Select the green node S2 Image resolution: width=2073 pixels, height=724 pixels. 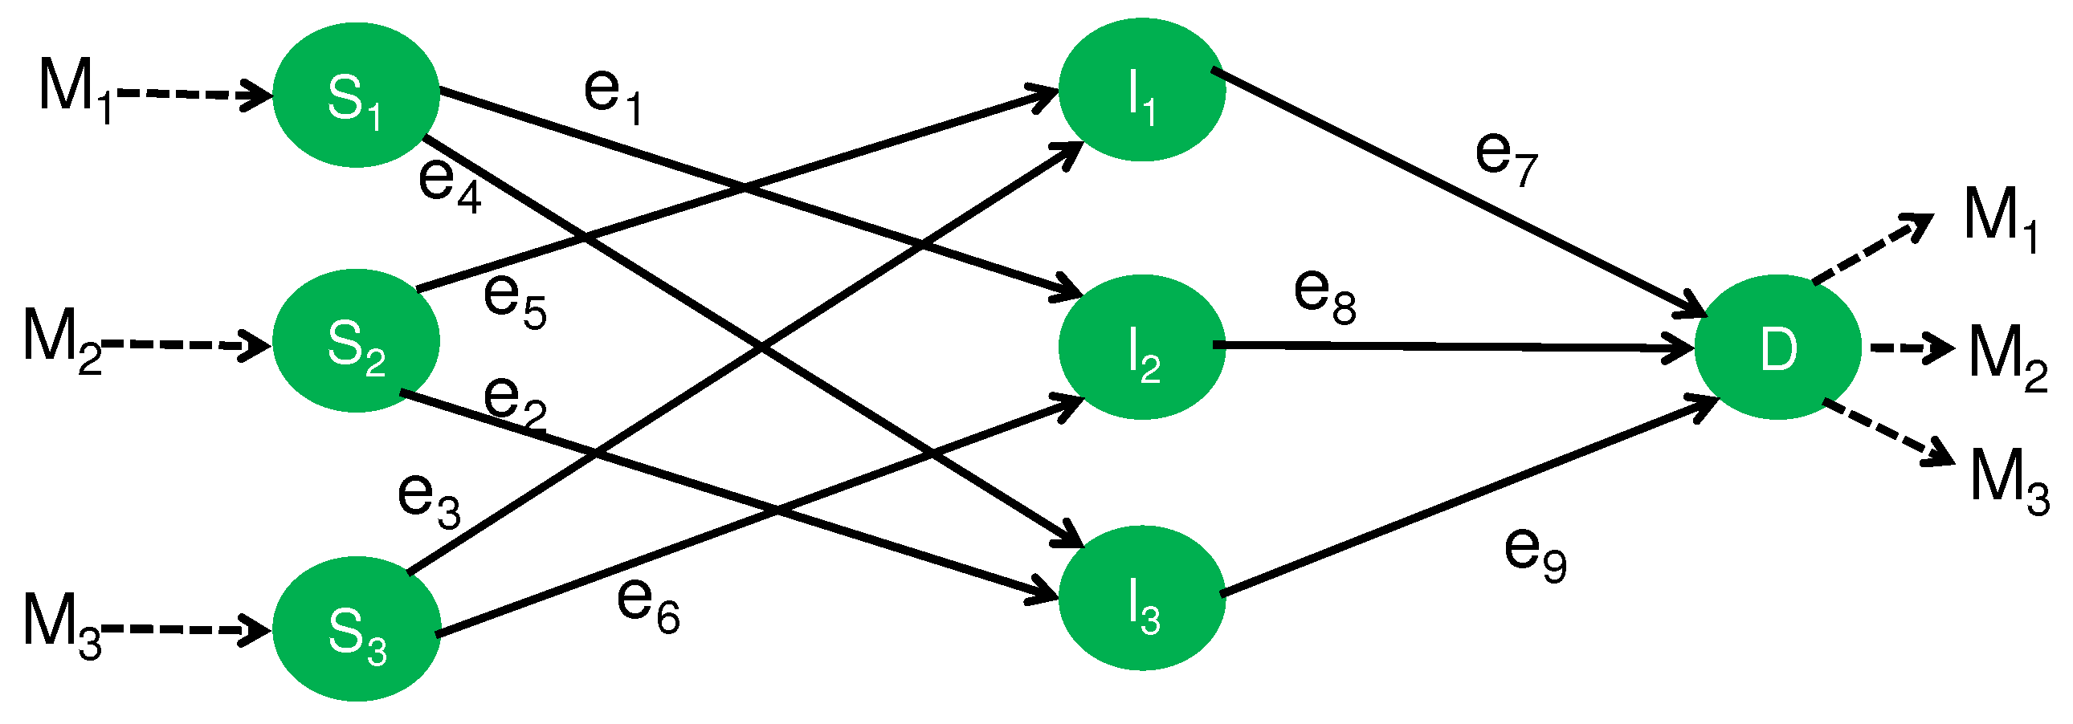coord(356,342)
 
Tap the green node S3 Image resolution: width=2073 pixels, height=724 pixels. coord(356,630)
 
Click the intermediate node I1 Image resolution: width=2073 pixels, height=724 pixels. coord(1141,91)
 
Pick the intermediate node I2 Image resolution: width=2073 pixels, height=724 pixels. coord(1141,348)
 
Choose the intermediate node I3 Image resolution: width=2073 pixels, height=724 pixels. coord(1141,599)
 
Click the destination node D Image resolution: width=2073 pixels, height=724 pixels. coord(1777,348)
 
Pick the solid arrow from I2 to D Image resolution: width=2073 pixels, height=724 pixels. coord(1448,347)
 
